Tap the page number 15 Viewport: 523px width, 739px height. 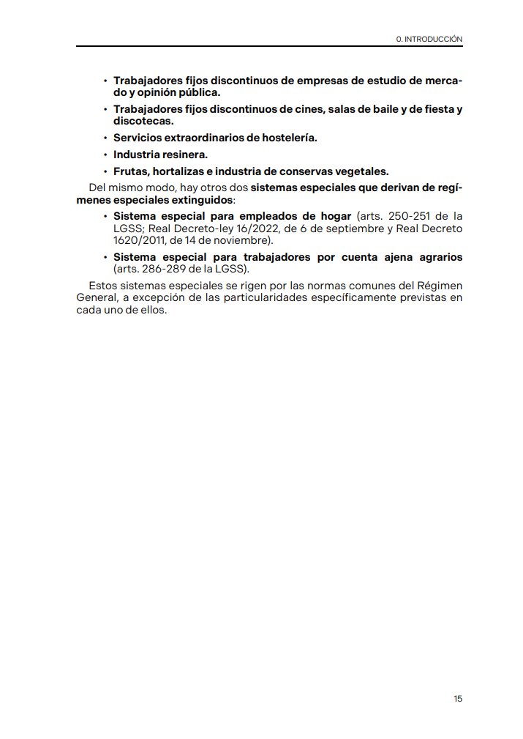(x=458, y=699)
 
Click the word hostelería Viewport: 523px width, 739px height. (x=284, y=137)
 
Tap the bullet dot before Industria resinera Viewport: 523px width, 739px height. (x=105, y=155)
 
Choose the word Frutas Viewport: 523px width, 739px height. (x=129, y=171)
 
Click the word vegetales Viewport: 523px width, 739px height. (x=360, y=171)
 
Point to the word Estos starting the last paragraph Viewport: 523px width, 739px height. (x=102, y=285)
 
